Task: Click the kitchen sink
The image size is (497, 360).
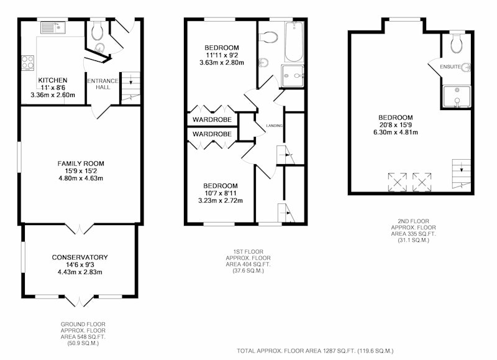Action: pyautogui.click(x=53, y=27)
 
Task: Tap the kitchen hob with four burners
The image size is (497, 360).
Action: pyautogui.click(x=27, y=62)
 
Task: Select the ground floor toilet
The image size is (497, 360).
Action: pyautogui.click(x=98, y=30)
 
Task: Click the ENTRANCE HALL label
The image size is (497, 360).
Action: pyautogui.click(x=103, y=84)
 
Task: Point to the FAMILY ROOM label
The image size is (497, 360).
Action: pyautogui.click(x=81, y=164)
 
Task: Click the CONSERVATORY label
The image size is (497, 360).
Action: pyautogui.click(x=80, y=257)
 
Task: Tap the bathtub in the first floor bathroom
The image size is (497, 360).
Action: pyautogui.click(x=294, y=42)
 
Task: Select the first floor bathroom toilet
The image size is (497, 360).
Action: pyautogui.click(x=268, y=37)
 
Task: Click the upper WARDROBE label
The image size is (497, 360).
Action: pyautogui.click(x=212, y=120)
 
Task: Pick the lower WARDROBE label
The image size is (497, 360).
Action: pyautogui.click(x=212, y=134)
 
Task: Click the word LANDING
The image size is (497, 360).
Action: pyautogui.click(x=274, y=126)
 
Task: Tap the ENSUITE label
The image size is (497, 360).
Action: pyautogui.click(x=450, y=67)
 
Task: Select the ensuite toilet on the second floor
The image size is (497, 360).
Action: pyautogui.click(x=457, y=43)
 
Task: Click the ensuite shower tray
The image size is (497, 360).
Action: pyautogui.click(x=457, y=96)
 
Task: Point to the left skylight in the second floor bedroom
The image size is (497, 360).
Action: pyautogui.click(x=398, y=182)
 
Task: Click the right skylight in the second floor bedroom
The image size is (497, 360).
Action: pyautogui.click(x=422, y=182)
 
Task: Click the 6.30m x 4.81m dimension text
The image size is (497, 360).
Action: pyautogui.click(x=396, y=132)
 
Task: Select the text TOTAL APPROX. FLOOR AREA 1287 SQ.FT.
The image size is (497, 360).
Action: pyautogui.click(x=296, y=351)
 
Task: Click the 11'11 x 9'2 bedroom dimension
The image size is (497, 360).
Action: pyautogui.click(x=222, y=55)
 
